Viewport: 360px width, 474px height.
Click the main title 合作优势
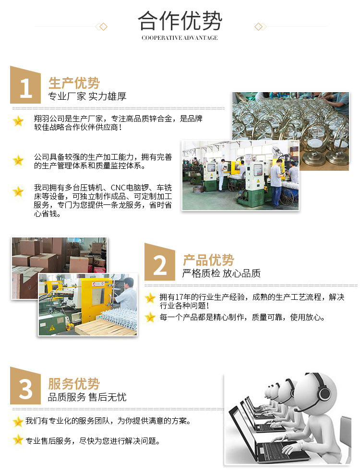pyautogui.click(x=180, y=21)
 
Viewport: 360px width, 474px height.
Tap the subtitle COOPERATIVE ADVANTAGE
pyautogui.click(x=180, y=38)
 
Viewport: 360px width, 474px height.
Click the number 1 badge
pyautogui.click(x=25, y=87)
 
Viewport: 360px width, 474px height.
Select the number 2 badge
pyautogui.click(x=160, y=264)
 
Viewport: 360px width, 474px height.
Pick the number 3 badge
pyautogui.click(x=25, y=388)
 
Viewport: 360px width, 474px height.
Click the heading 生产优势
pyautogui.click(x=74, y=83)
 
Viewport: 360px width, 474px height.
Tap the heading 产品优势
pyautogui.click(x=208, y=260)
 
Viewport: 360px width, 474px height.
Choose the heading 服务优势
pyautogui.click(x=74, y=384)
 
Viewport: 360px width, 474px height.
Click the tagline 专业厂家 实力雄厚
pyautogui.click(x=87, y=96)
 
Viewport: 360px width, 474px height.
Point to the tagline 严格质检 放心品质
pyautogui.click(x=221, y=273)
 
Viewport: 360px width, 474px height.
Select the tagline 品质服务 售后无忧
pyautogui.click(x=87, y=397)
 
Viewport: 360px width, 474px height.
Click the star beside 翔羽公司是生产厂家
pyautogui.click(x=18, y=121)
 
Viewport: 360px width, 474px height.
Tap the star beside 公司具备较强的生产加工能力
pyautogui.click(x=18, y=160)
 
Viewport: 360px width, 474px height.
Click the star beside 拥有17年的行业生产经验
pyautogui.click(x=150, y=297)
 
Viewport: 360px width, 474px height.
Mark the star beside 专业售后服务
pyautogui.click(x=18, y=439)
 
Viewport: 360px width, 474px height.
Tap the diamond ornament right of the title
pyautogui.click(x=258, y=26)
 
